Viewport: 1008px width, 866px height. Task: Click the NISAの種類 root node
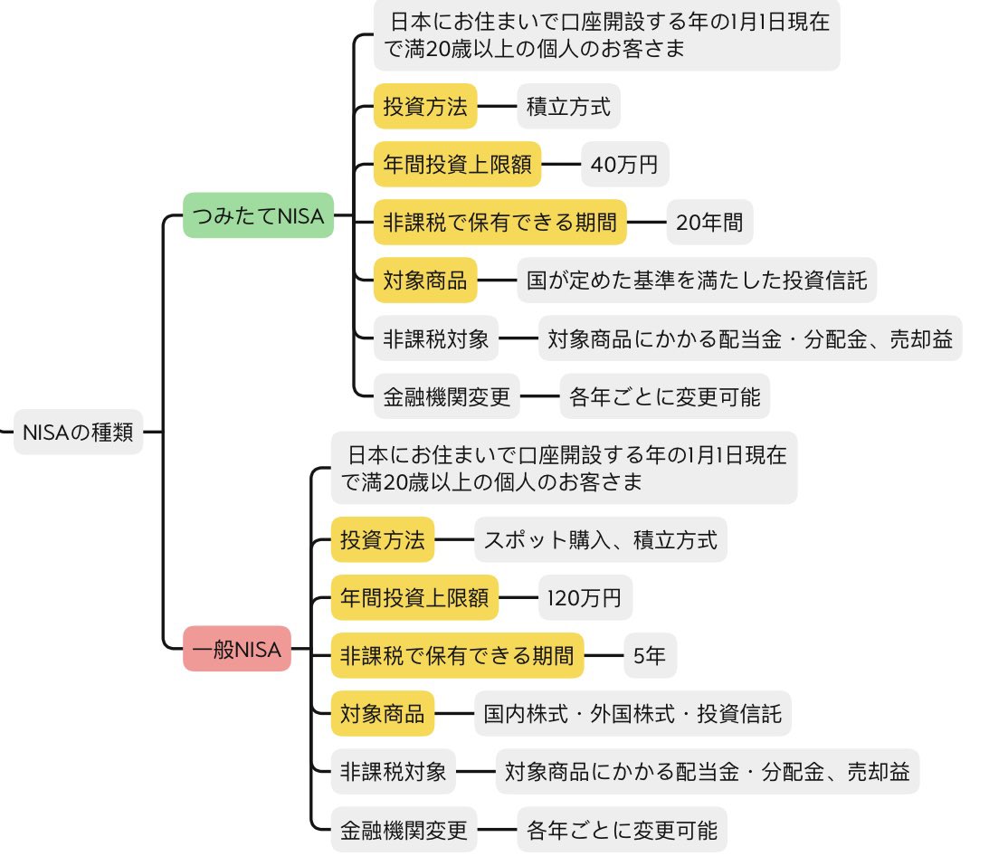pyautogui.click(x=78, y=433)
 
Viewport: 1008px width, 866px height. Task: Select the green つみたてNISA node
pyautogui.click(x=258, y=215)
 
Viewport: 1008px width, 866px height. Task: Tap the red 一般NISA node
pyautogui.click(x=237, y=649)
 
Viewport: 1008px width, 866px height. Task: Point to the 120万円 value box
pyautogui.click(x=585, y=597)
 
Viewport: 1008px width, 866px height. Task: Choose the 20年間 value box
pyautogui.click(x=709, y=223)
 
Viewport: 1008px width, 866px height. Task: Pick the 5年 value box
pyautogui.click(x=650, y=656)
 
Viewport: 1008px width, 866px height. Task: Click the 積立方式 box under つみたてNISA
pyautogui.click(x=569, y=107)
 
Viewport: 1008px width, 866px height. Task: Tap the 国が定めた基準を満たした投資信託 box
pyautogui.click(x=697, y=281)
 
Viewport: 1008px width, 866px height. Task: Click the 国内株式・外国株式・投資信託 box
pyautogui.click(x=633, y=714)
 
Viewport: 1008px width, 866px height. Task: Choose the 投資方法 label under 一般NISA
pyautogui.click(x=382, y=540)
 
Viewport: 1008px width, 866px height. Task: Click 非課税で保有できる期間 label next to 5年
pyautogui.click(x=457, y=656)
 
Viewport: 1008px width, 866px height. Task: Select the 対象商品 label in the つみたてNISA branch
pyautogui.click(x=425, y=281)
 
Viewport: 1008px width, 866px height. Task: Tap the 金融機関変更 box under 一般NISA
pyautogui.click(x=404, y=829)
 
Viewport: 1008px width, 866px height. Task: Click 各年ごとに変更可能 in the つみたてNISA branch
pyautogui.click(x=664, y=396)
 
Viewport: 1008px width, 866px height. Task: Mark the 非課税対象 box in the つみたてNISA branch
pyautogui.click(x=436, y=339)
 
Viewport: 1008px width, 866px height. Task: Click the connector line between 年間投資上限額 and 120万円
pyautogui.click(x=518, y=597)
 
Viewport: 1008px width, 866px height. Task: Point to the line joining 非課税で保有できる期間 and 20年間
pyautogui.click(x=647, y=223)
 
